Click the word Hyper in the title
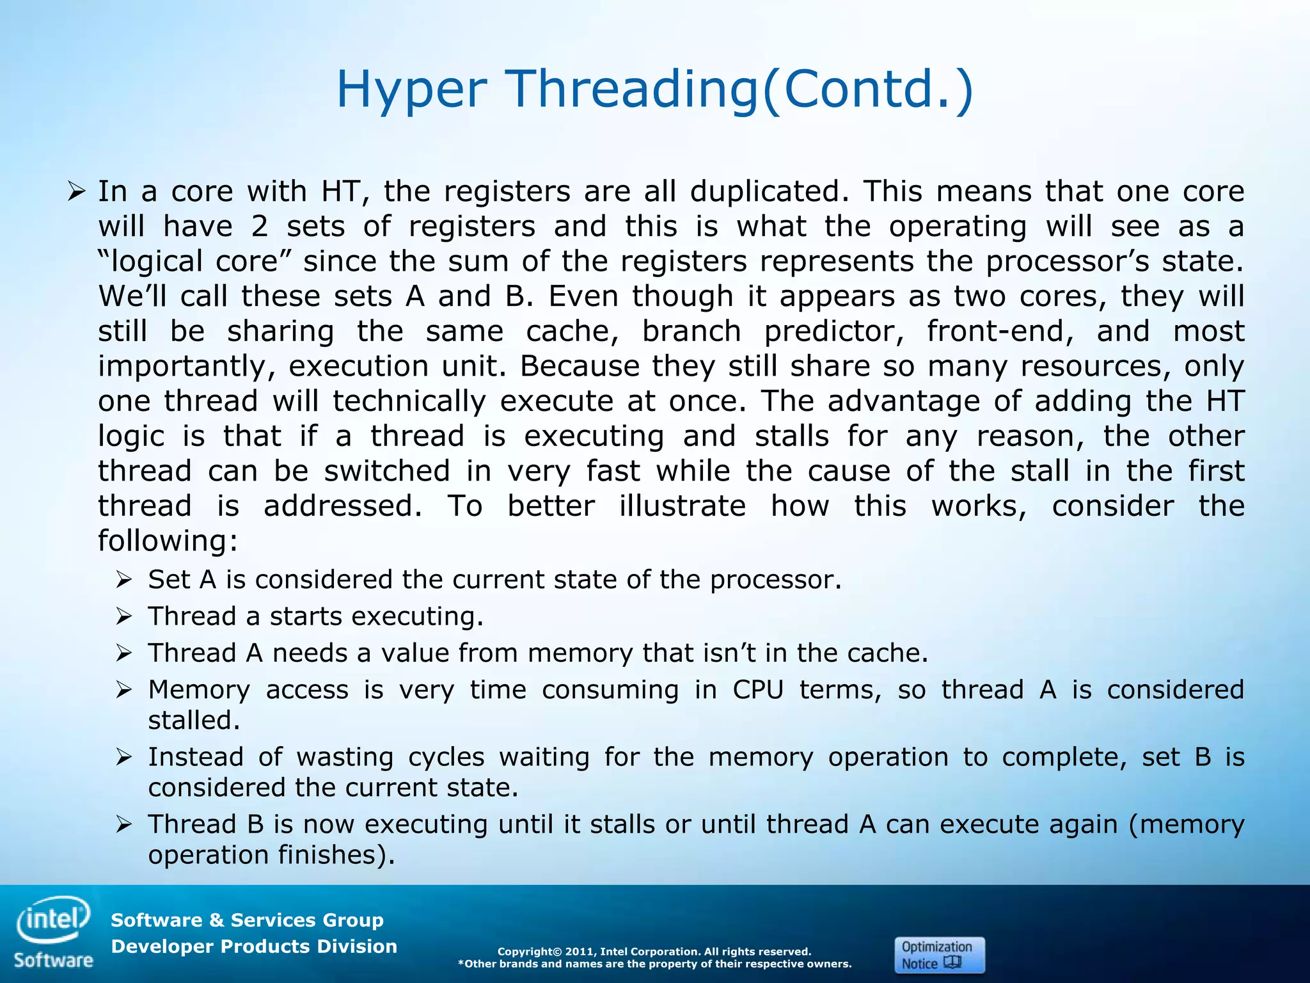(411, 89)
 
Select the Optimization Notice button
(939, 955)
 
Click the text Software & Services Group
(247, 920)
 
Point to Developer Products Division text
(254, 947)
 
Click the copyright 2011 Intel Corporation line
(654, 952)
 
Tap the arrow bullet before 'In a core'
(76, 191)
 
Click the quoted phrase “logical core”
(194, 261)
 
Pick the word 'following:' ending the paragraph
(168, 541)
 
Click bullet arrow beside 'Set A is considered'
(123, 580)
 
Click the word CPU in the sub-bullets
(758, 690)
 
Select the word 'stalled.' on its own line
(194, 721)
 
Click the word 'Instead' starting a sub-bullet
(196, 757)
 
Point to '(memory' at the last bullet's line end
(1187, 824)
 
